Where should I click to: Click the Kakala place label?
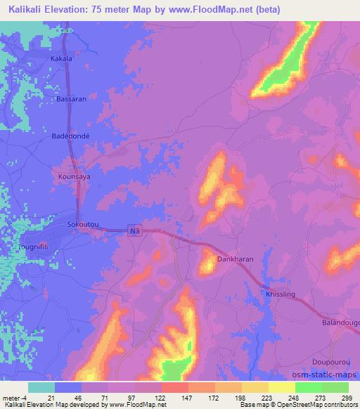pos(61,59)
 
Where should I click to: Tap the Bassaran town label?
pos(72,99)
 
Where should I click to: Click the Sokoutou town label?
pos(82,224)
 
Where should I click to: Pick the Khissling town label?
pos(280,296)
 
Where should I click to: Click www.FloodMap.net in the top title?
pos(233,9)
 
